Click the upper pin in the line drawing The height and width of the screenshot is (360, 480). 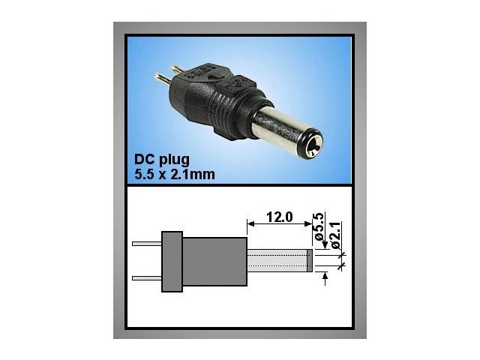[x=146, y=243]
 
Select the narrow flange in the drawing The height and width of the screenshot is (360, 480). [x=172, y=260]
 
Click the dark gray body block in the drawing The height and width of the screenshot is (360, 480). [x=214, y=260]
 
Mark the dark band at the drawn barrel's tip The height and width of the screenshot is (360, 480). [x=310, y=260]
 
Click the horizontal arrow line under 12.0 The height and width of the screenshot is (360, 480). [x=278, y=223]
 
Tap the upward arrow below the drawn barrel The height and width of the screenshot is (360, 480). [x=325, y=278]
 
